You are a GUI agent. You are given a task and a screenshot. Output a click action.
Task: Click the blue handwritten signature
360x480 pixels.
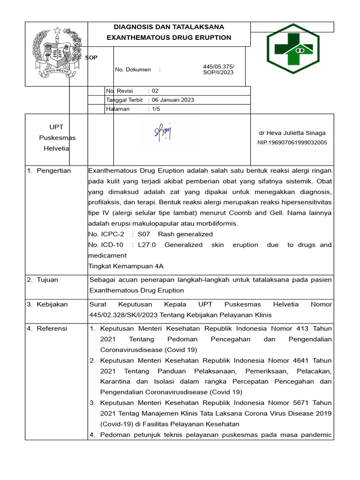coord(163,133)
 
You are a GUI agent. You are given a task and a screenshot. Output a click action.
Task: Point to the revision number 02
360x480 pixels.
coord(155,91)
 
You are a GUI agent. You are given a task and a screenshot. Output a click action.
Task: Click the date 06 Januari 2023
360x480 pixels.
coord(173,100)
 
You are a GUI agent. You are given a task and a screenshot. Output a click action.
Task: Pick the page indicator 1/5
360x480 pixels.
coord(155,109)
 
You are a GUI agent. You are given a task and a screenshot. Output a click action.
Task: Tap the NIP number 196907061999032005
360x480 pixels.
coord(292,142)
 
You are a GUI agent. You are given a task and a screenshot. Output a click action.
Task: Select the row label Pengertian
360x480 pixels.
coord(54,171)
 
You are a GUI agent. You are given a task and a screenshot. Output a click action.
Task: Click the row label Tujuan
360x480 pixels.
coord(48,280)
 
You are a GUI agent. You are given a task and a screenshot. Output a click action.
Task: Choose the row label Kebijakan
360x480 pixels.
coord(53,304)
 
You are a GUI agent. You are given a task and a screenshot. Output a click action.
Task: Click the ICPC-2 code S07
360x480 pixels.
coord(143,234)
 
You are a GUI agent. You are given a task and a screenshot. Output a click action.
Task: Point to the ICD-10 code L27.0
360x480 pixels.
coord(148,245)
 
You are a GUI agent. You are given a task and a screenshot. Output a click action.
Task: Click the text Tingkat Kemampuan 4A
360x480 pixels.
coord(126,266)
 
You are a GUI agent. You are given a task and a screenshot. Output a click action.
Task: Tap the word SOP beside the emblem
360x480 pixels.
coord(91,57)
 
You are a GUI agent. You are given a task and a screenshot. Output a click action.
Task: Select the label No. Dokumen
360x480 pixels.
coord(133,70)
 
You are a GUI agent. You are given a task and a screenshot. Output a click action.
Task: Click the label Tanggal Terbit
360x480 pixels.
coord(124,100)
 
